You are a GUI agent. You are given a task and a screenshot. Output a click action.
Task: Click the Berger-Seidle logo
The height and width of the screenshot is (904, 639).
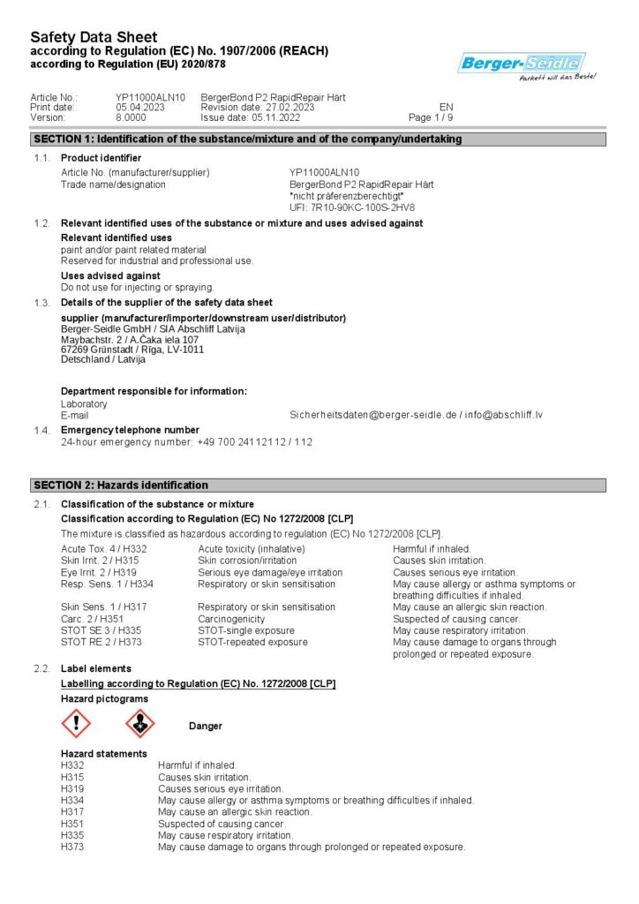click(522, 64)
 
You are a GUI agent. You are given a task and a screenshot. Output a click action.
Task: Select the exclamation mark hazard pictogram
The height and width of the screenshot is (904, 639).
click(76, 725)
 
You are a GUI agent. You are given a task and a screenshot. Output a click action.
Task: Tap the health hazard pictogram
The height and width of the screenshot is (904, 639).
click(140, 725)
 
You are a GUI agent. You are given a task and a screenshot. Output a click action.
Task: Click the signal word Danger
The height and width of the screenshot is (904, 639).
click(206, 726)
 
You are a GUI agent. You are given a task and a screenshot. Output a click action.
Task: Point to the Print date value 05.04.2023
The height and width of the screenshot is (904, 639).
click(139, 107)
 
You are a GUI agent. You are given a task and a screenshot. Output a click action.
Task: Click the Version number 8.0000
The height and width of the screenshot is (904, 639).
click(131, 117)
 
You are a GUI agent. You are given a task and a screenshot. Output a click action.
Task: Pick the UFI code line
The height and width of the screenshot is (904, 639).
click(352, 207)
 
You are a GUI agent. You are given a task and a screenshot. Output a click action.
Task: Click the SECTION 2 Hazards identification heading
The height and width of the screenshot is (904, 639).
click(121, 485)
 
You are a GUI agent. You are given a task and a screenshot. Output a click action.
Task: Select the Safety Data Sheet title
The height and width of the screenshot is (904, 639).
click(94, 37)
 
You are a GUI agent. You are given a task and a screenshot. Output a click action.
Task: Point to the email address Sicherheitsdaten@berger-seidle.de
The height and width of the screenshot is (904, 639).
click(373, 414)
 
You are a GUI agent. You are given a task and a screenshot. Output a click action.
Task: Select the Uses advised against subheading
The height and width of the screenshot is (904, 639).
click(110, 275)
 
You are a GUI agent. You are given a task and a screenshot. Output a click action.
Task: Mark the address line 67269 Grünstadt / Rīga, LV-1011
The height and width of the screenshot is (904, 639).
click(132, 349)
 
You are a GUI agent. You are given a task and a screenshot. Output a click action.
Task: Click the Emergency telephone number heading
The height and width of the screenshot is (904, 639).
click(130, 430)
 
